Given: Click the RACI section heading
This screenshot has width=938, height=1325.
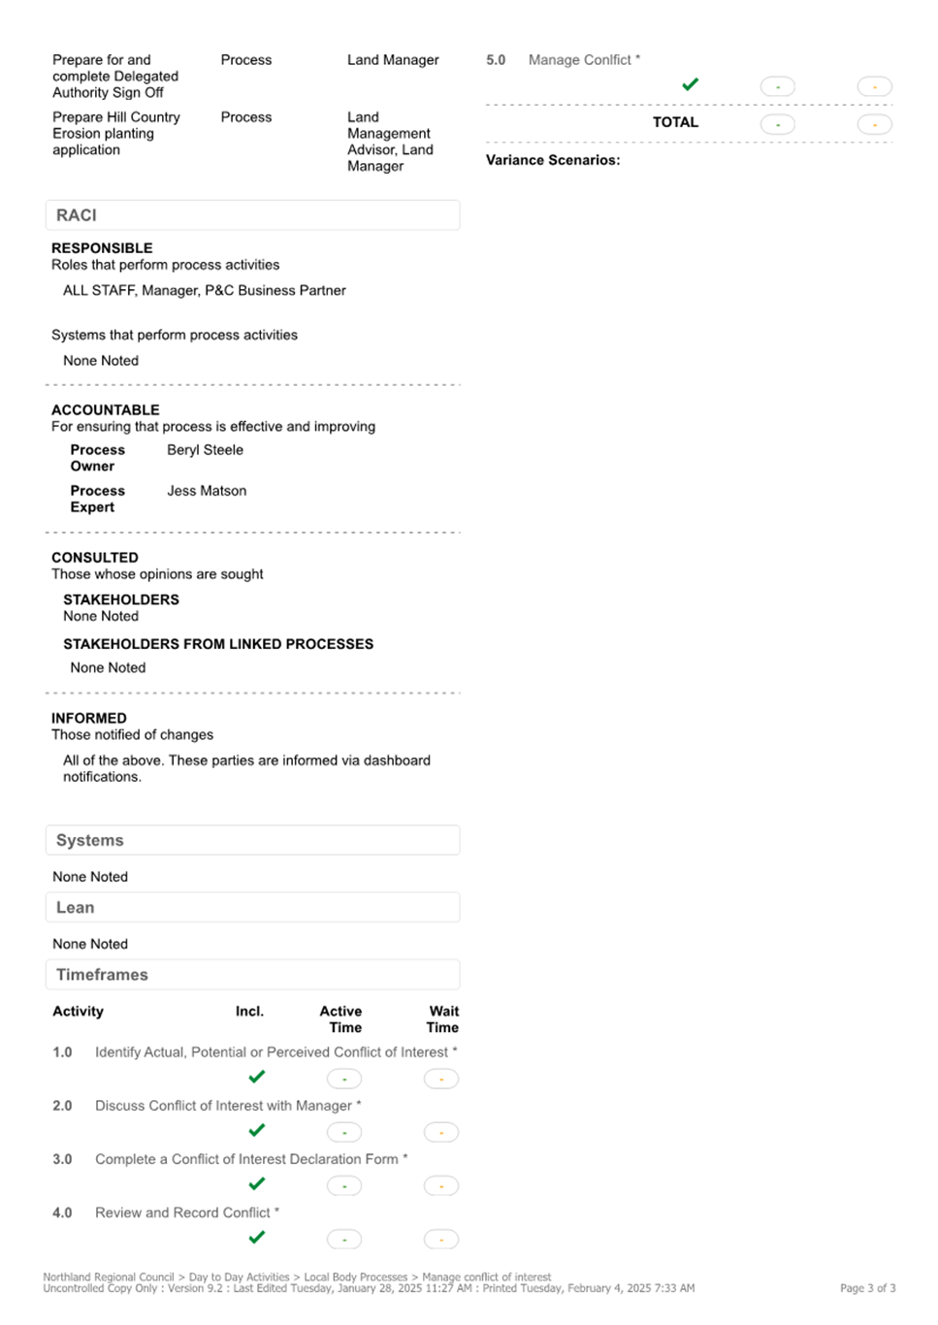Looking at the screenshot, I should (77, 215).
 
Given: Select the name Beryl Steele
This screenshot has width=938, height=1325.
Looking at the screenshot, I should (205, 450).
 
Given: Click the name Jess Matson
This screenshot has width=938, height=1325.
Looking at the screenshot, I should (207, 491).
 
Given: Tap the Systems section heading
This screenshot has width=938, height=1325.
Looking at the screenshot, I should (90, 840).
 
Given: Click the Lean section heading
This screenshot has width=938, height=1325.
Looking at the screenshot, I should (76, 908).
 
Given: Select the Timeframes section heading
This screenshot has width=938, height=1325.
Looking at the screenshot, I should (102, 975).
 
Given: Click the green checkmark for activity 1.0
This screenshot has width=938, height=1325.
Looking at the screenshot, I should (257, 1077).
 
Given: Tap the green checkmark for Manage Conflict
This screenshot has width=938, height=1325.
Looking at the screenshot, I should (691, 85).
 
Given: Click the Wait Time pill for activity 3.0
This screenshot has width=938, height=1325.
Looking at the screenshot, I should (441, 1185).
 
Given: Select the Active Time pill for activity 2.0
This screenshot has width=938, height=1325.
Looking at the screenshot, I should (344, 1132).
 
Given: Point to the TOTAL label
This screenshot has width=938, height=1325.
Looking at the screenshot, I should (675, 122).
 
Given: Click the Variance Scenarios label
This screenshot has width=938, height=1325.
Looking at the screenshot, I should (553, 160).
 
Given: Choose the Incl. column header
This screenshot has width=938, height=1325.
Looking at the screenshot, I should (249, 1011).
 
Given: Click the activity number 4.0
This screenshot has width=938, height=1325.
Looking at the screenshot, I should (62, 1212).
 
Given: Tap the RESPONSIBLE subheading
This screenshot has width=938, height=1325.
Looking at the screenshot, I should (102, 248).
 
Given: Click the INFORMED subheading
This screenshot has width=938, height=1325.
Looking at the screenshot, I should (89, 719).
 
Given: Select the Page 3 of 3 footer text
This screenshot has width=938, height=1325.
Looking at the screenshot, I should (867, 1288).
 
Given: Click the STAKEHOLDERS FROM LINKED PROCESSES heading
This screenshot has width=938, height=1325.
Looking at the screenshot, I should (218, 644).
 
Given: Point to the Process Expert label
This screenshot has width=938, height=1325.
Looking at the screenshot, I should (97, 499).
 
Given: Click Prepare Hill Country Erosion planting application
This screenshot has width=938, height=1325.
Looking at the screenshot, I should (115, 134).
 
